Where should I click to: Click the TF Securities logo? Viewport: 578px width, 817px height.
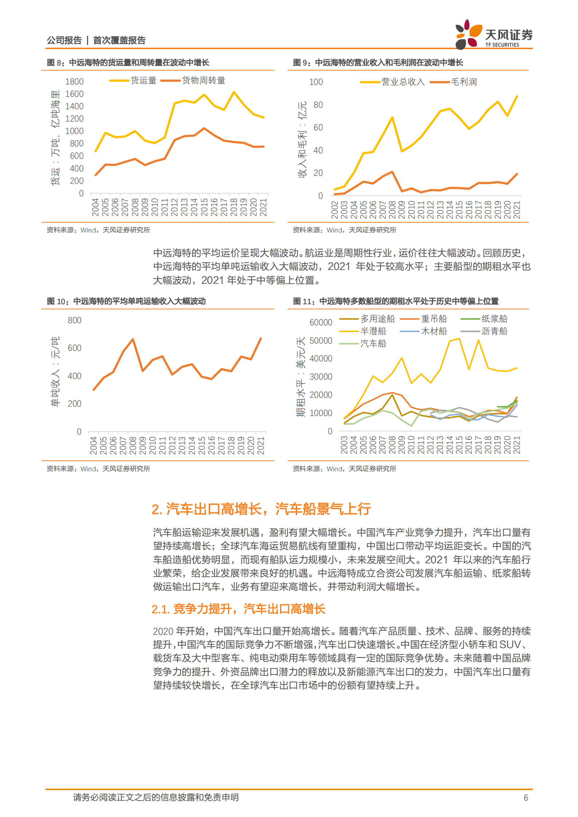click(493, 35)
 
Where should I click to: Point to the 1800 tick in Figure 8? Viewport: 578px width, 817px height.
click(74, 82)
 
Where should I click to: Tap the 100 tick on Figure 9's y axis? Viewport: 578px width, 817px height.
click(316, 82)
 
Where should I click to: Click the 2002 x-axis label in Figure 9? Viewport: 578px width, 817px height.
click(334, 210)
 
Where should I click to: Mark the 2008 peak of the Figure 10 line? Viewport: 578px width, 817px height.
click(133, 339)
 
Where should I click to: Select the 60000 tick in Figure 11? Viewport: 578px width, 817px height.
click(321, 322)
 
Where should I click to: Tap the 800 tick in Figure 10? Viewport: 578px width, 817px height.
click(74, 320)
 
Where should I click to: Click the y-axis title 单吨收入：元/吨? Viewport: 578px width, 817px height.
click(55, 372)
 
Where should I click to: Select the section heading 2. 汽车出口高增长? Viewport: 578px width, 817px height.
click(261, 509)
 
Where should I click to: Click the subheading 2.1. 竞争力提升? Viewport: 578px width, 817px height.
click(238, 609)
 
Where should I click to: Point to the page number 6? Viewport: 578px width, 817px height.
click(526, 798)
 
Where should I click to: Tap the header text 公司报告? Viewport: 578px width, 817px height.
click(64, 40)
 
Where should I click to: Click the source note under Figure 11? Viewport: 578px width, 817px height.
click(344, 469)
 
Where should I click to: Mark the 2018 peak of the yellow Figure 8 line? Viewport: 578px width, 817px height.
click(234, 92)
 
